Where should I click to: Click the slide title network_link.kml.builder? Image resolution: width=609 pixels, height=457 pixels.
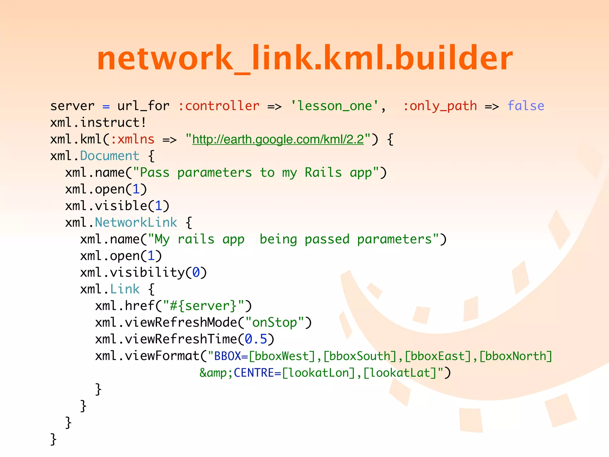(305, 58)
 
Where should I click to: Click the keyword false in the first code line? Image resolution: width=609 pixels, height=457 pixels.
(526, 106)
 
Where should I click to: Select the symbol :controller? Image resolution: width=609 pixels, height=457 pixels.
(219, 106)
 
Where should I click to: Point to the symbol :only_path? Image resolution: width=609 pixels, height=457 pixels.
(440, 106)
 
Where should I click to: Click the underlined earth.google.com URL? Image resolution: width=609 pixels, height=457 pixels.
(278, 139)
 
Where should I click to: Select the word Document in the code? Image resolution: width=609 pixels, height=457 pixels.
(110, 156)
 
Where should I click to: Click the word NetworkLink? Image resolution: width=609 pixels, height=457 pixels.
(136, 223)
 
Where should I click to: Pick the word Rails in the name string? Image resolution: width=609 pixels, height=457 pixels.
(323, 173)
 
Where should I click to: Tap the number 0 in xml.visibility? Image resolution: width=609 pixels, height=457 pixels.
(196, 273)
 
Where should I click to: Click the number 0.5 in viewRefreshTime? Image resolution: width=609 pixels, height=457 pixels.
(256, 339)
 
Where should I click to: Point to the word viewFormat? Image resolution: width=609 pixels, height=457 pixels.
(162, 356)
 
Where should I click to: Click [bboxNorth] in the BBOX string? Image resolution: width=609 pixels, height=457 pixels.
(516, 356)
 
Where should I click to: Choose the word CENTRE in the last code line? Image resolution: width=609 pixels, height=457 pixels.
(254, 373)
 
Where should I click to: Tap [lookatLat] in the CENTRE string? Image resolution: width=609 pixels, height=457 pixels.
(400, 373)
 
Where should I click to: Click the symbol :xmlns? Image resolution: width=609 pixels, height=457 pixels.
(132, 139)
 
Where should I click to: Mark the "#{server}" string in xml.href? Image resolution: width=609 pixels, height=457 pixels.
(203, 306)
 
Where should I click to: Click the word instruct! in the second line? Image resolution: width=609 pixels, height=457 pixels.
(113, 123)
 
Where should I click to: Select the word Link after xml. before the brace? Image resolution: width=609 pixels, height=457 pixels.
(125, 289)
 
